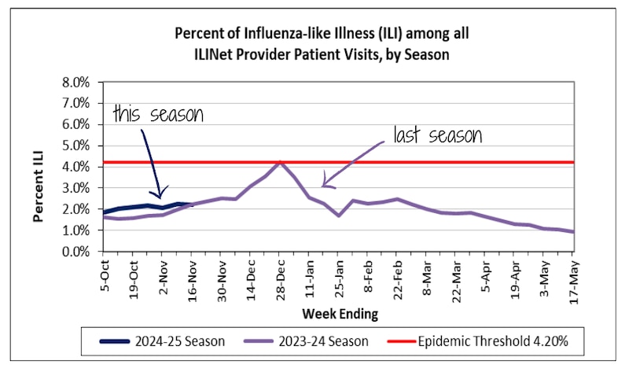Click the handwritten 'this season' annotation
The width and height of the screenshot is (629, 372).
coord(157,115)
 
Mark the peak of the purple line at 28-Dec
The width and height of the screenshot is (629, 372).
coord(279,162)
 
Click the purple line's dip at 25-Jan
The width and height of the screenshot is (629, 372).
coord(338,215)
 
